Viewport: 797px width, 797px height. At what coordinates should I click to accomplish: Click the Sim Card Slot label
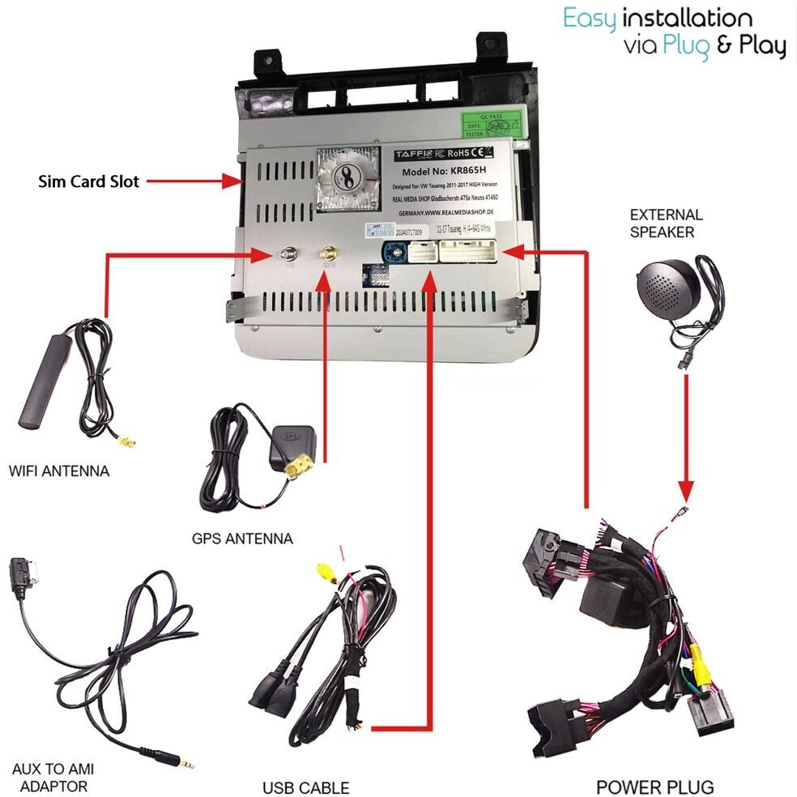[x=88, y=181]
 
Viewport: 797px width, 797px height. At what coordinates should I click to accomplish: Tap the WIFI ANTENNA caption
[x=58, y=471]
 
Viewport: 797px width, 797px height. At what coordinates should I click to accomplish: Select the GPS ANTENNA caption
[x=242, y=538]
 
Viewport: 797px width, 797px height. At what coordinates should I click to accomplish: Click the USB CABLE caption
[x=305, y=787]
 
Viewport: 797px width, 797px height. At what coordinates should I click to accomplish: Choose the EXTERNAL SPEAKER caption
[x=666, y=224]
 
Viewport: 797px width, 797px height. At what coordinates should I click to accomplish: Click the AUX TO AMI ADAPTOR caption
[x=49, y=778]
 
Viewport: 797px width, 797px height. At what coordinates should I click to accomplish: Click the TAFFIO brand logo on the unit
[x=414, y=153]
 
